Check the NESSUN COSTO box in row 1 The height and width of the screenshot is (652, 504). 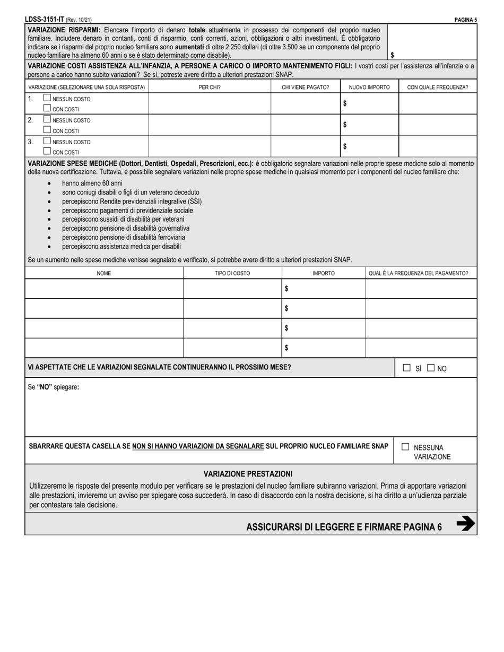point(47,99)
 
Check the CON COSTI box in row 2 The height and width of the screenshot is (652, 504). point(47,130)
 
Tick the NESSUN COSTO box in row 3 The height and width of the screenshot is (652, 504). point(47,142)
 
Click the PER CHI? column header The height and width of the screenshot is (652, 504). point(210,87)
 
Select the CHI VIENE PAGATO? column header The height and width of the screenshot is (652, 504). point(305,87)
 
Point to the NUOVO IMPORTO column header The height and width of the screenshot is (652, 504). point(369,87)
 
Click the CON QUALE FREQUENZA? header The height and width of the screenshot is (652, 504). point(437,87)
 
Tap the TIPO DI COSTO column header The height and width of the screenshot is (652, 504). point(232,274)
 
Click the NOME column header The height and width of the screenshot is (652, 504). point(104,274)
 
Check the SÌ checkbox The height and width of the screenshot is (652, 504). point(407,368)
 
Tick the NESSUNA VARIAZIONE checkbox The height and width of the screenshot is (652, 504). point(406,447)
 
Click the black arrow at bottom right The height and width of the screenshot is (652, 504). point(465,524)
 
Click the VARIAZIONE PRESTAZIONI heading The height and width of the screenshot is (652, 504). point(248,474)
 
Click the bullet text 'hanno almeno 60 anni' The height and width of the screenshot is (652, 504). point(92,183)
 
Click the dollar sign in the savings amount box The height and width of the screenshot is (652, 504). point(392,55)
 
